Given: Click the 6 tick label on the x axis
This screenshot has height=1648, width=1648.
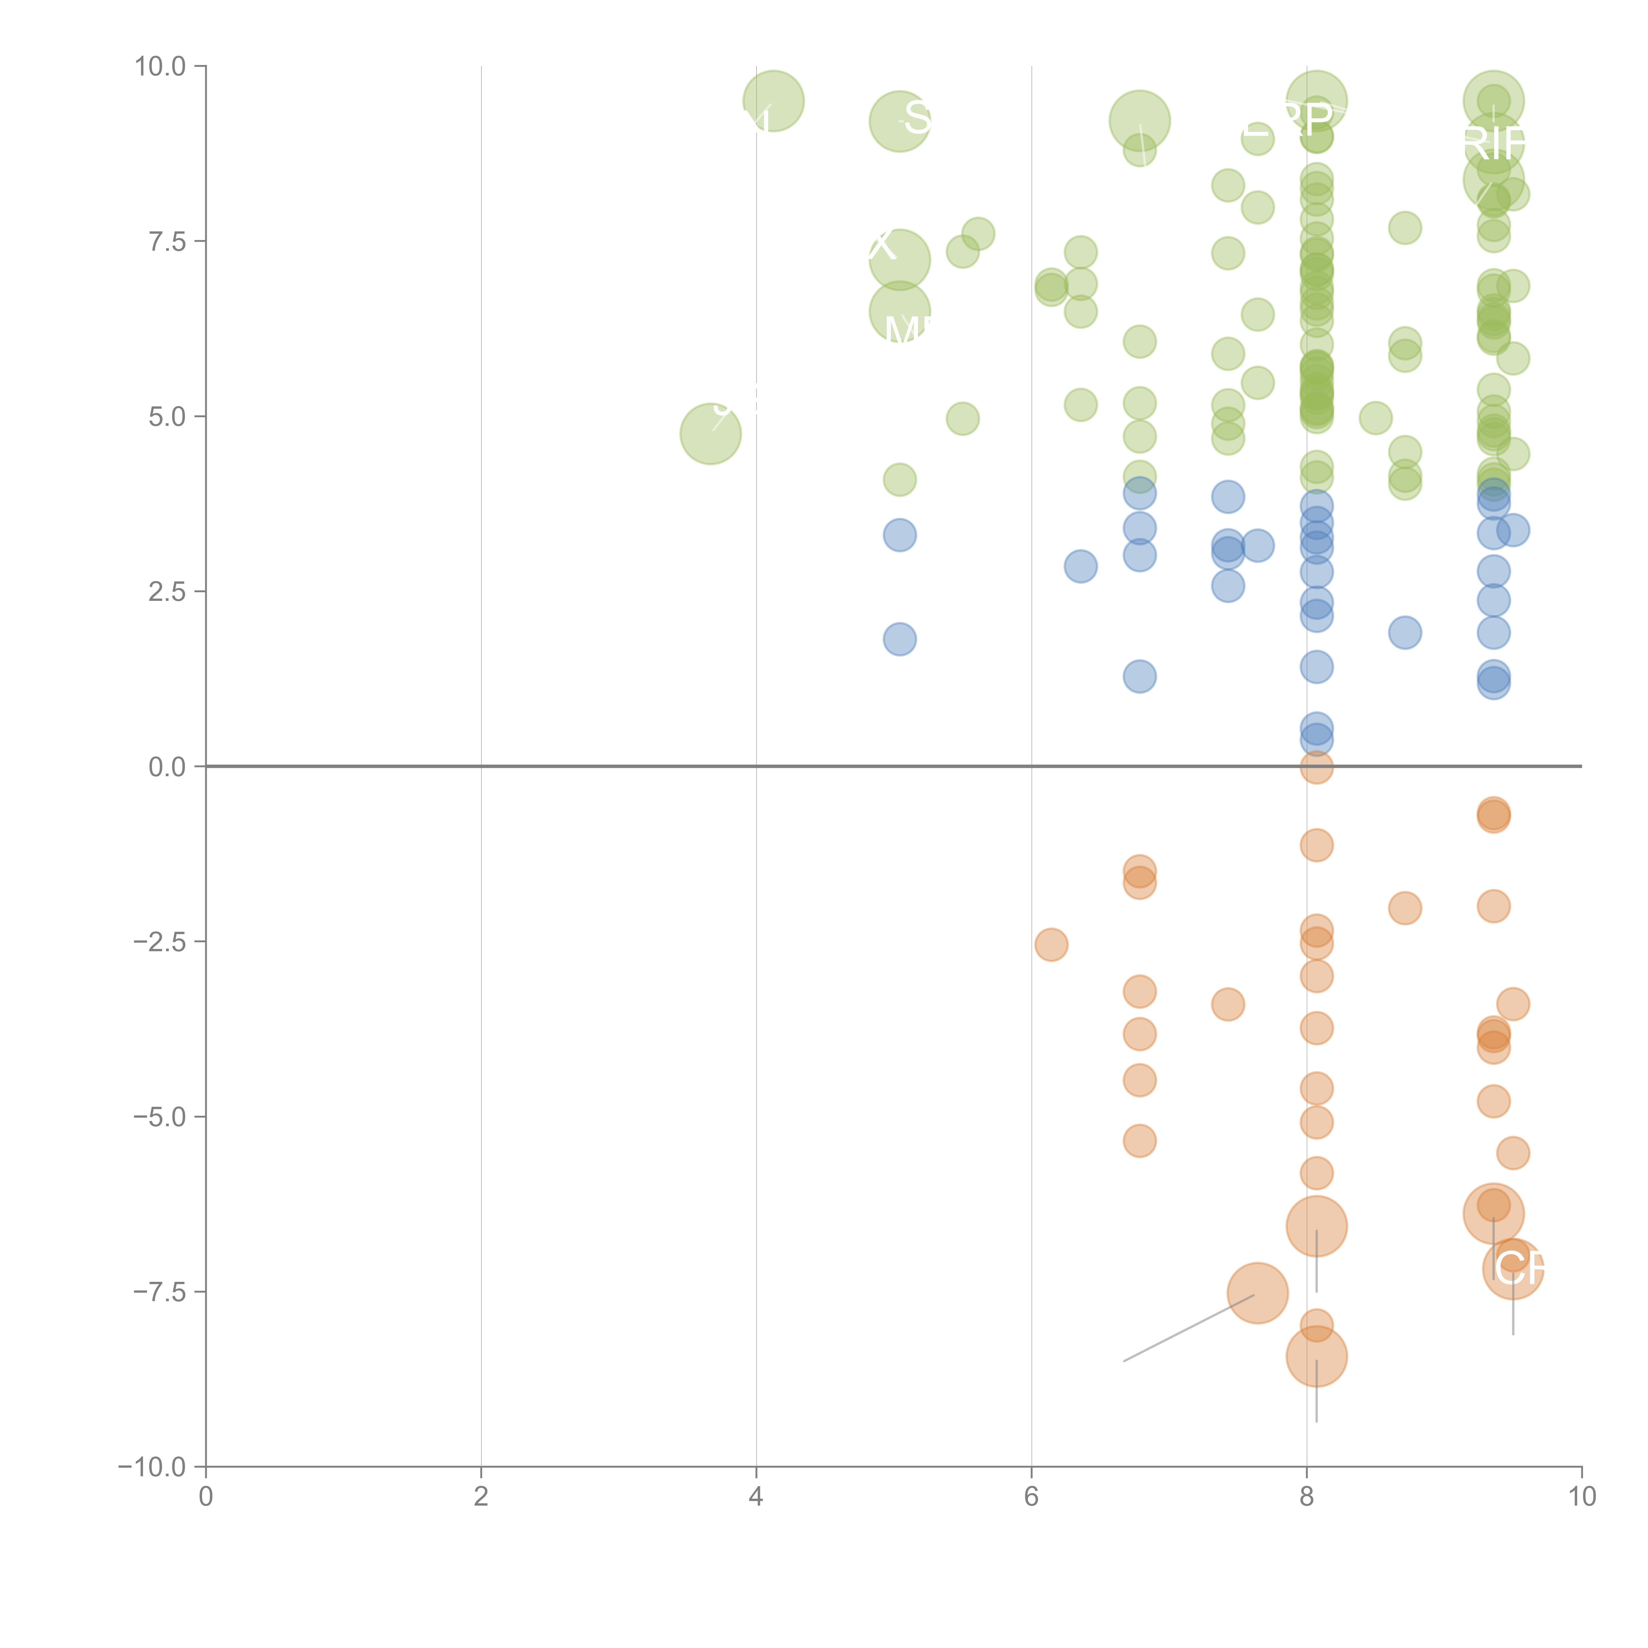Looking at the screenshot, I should (1031, 1497).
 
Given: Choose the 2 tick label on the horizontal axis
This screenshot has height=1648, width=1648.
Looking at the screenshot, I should (481, 1497).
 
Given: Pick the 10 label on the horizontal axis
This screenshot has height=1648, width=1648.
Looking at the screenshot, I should (1581, 1497).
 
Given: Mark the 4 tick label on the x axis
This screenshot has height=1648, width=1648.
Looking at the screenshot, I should (756, 1497).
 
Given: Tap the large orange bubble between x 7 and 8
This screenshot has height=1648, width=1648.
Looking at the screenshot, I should (1257, 1293).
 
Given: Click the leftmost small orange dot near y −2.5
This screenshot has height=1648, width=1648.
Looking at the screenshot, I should (1051, 944).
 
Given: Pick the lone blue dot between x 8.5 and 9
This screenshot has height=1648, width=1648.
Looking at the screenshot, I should (1405, 632).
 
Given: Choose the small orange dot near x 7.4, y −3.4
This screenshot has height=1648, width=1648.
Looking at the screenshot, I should (1227, 1004).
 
